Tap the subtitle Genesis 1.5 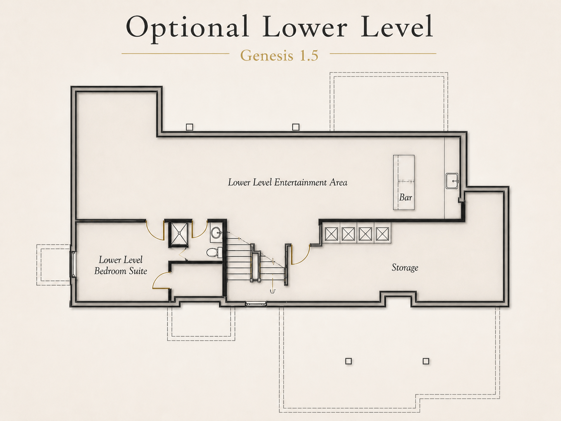[x=279, y=55]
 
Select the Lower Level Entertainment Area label [x=287, y=182]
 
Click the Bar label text [x=405, y=197]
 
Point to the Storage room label [x=405, y=267]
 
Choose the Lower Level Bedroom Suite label [x=120, y=265]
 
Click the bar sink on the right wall [x=452, y=181]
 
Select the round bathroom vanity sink [x=216, y=232]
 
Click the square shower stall [x=179, y=233]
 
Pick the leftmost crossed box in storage [x=331, y=233]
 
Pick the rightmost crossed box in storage [x=382, y=233]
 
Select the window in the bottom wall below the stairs [x=256, y=304]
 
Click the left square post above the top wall [x=189, y=127]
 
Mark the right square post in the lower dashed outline [x=426, y=361]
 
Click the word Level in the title [x=396, y=26]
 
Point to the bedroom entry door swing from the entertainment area [x=155, y=231]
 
